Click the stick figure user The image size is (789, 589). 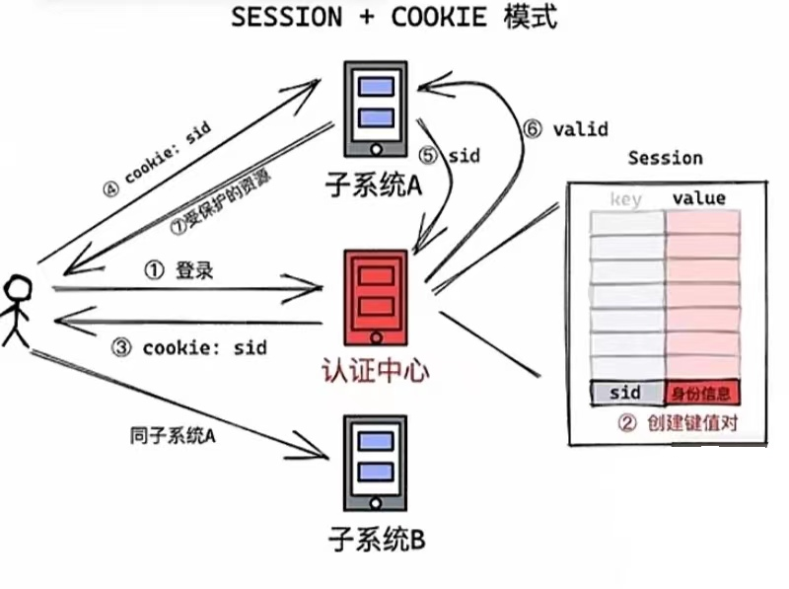(17, 311)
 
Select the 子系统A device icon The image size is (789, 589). (374, 109)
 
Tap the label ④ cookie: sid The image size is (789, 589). (159, 159)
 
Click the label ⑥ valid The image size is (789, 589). (566, 129)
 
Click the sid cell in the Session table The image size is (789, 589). (625, 393)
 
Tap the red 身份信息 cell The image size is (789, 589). (701, 393)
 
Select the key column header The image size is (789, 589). (625, 199)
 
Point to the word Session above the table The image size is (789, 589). (665, 158)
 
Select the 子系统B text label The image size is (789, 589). (376, 540)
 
